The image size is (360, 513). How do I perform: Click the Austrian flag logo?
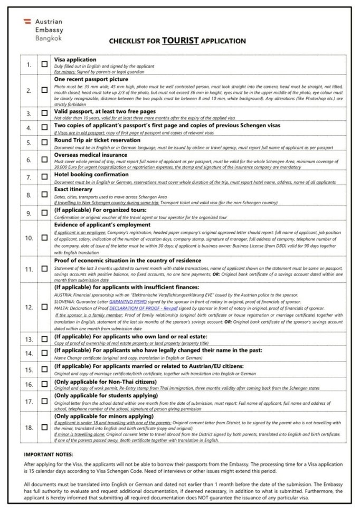click(27, 21)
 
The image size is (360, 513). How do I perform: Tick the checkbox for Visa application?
click(45, 65)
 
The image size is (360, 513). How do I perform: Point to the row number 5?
click(30, 144)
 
